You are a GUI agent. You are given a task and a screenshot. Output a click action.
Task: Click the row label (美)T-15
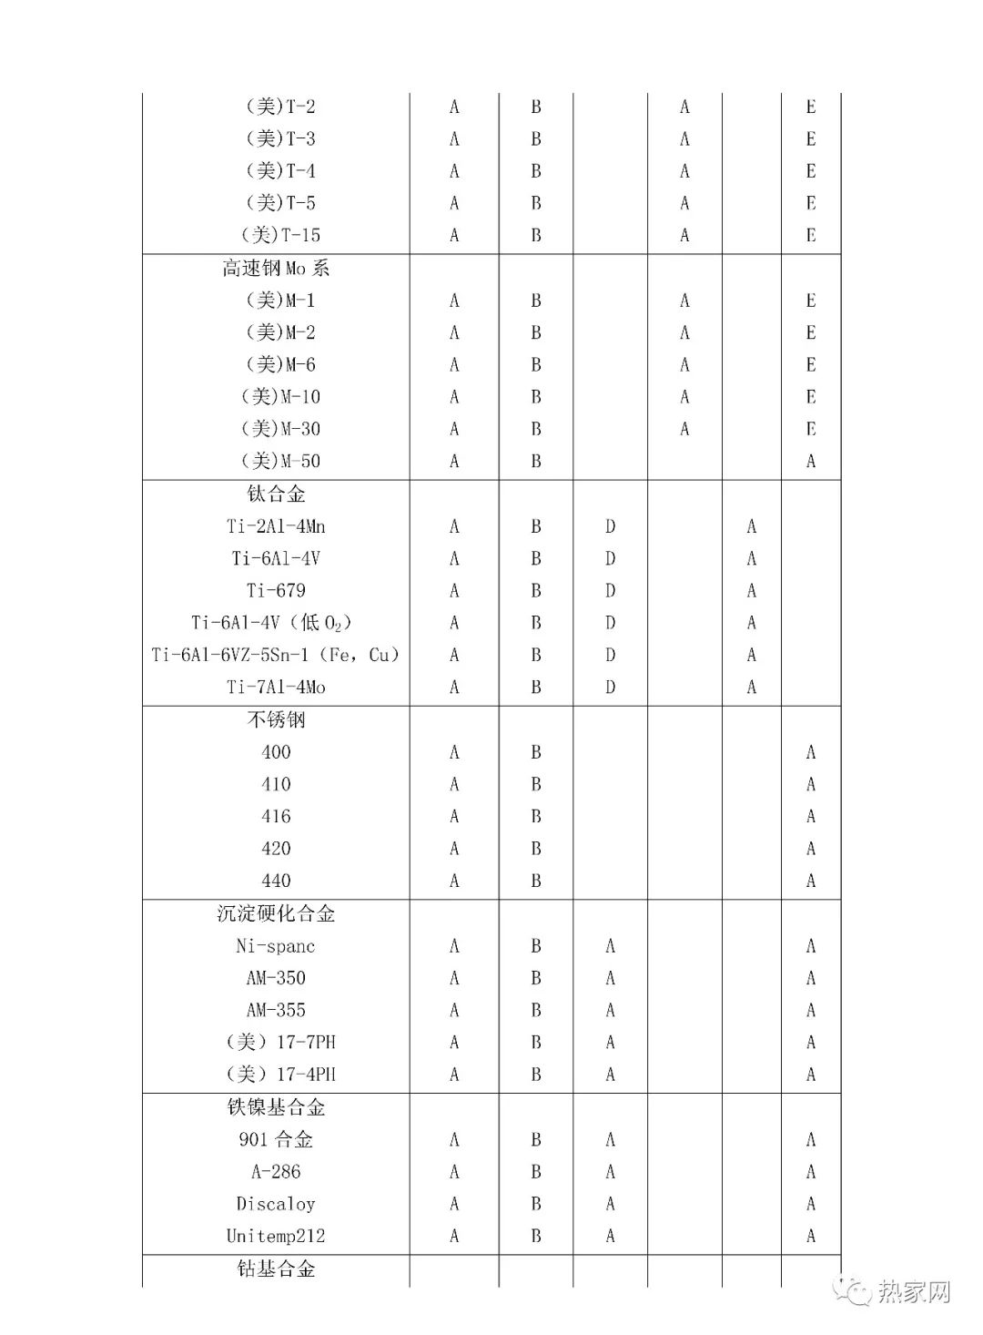click(280, 235)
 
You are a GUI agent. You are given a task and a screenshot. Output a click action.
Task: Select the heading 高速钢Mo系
click(276, 268)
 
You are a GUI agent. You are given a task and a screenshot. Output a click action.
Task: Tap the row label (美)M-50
click(280, 461)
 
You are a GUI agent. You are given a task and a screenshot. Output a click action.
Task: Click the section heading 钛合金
click(276, 494)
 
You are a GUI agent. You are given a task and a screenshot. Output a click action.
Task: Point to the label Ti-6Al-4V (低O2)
click(271, 623)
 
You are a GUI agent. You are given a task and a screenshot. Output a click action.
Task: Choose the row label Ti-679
click(276, 590)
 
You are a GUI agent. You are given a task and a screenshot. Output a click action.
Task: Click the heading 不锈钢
click(276, 719)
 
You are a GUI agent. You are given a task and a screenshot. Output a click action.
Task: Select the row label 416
click(276, 816)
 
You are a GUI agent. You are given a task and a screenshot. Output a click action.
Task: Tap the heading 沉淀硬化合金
click(276, 913)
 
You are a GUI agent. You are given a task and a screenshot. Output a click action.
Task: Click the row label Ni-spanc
click(276, 946)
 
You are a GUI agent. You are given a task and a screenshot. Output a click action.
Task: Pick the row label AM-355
click(276, 1010)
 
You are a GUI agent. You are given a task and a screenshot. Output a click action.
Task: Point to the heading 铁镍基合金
click(276, 1107)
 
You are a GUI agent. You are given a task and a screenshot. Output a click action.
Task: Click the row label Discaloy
click(276, 1204)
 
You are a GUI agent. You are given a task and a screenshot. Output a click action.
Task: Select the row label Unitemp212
click(276, 1236)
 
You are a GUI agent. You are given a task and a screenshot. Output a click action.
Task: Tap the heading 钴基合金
click(276, 1269)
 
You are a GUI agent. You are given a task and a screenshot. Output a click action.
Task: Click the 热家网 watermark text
click(914, 1291)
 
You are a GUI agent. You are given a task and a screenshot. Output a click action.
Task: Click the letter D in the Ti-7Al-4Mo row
click(610, 687)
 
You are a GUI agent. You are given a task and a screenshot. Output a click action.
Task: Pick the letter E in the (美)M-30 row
click(810, 429)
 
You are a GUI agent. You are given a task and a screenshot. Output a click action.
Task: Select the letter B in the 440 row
click(536, 881)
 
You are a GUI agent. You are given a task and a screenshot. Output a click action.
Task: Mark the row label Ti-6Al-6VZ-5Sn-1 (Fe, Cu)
click(276, 655)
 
